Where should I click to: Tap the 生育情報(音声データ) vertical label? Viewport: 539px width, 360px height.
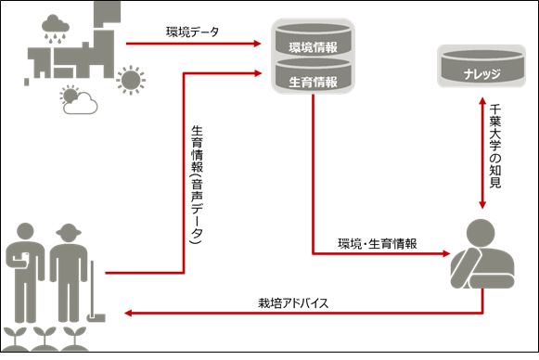pos(197,185)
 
